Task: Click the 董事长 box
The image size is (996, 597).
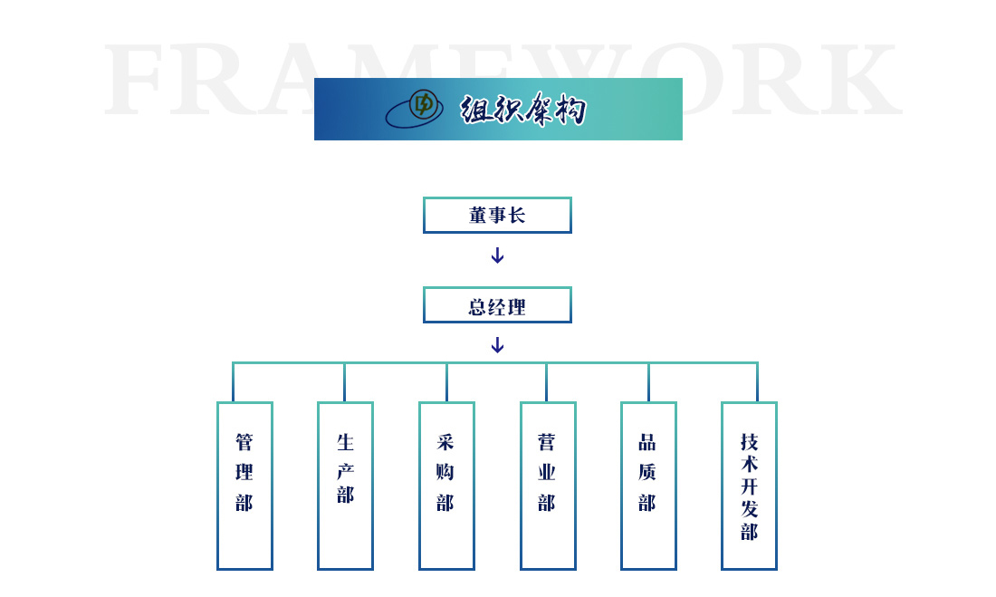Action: point(497,216)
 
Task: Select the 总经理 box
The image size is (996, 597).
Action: point(497,305)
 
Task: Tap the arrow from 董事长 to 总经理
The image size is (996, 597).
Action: point(497,255)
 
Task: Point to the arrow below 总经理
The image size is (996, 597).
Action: point(497,345)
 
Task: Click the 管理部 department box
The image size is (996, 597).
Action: point(244,486)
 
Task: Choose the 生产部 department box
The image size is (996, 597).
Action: point(345,486)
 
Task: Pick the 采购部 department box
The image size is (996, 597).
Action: point(446,486)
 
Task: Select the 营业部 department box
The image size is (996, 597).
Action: point(548,486)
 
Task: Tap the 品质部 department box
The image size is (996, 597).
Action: point(648,486)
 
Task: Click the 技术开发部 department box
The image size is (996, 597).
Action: point(749,486)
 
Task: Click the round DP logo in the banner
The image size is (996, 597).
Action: point(422,104)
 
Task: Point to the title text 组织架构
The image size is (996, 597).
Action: point(522,110)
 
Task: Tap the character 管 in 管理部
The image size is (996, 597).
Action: point(244,442)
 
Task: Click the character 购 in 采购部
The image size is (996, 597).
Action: point(445,472)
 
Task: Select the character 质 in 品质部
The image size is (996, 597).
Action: point(647,472)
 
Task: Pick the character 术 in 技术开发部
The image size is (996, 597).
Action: point(749,463)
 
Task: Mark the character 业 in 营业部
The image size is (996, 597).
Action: point(547,472)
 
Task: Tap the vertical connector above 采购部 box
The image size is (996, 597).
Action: point(446,382)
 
